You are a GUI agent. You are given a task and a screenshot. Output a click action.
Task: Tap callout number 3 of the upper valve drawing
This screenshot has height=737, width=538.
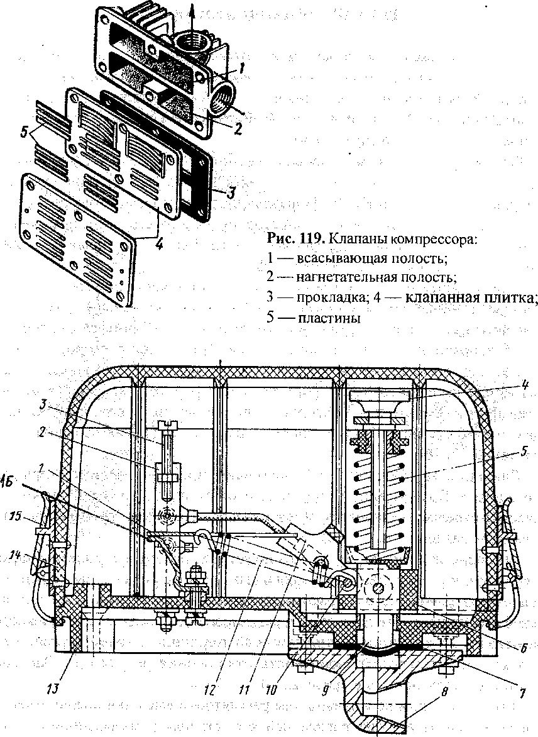click(231, 194)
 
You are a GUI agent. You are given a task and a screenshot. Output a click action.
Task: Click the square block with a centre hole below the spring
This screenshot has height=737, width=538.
click(378, 587)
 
